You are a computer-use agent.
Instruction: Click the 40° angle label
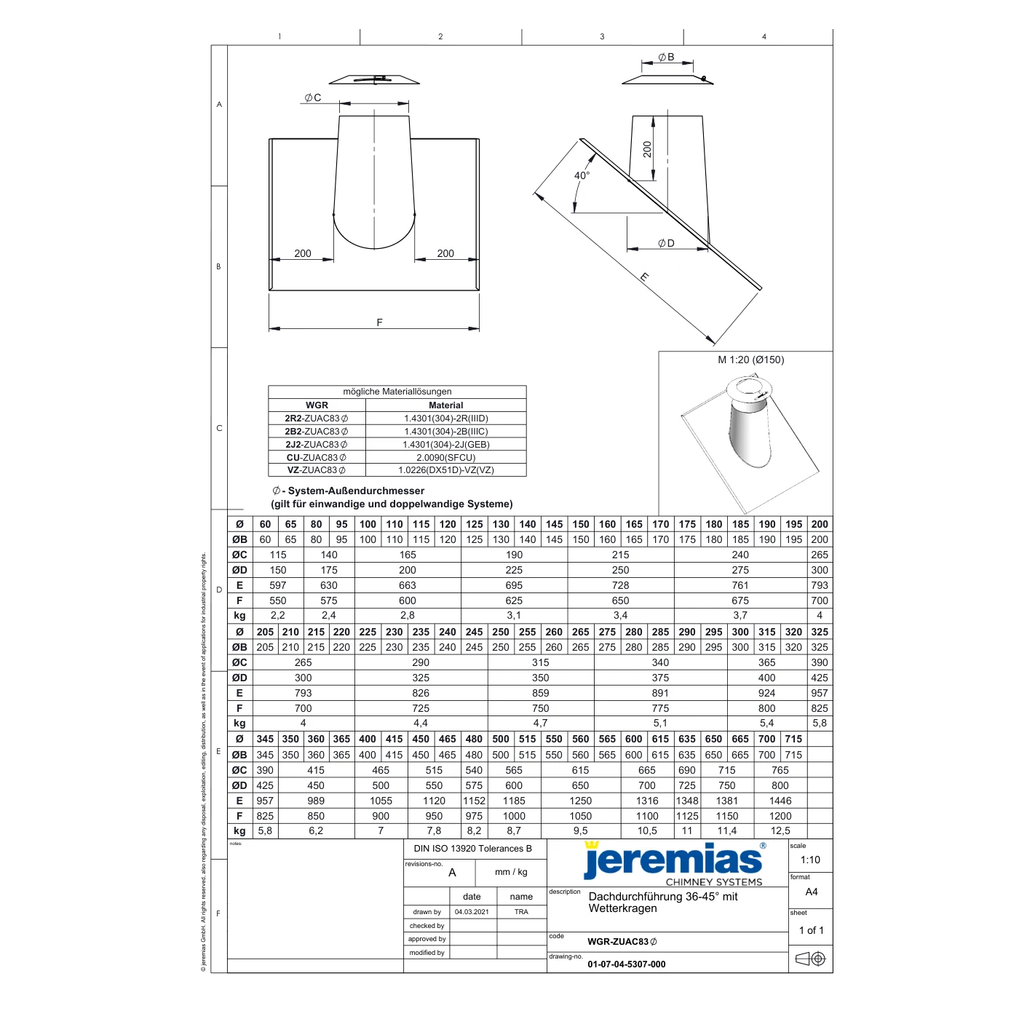tap(582, 175)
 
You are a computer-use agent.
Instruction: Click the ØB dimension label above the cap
tap(666, 57)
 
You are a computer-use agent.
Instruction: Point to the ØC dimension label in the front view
tap(313, 98)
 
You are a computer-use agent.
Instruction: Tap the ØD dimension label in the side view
tap(666, 243)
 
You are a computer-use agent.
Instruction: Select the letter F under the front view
tap(379, 322)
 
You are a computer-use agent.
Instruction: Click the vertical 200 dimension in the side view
tap(647, 149)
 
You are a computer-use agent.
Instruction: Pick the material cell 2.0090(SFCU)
tap(445, 457)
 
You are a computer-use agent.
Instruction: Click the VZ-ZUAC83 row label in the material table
tap(316, 470)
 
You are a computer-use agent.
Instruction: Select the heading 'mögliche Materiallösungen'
tap(397, 392)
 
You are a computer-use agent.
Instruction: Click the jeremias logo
tap(673, 864)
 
